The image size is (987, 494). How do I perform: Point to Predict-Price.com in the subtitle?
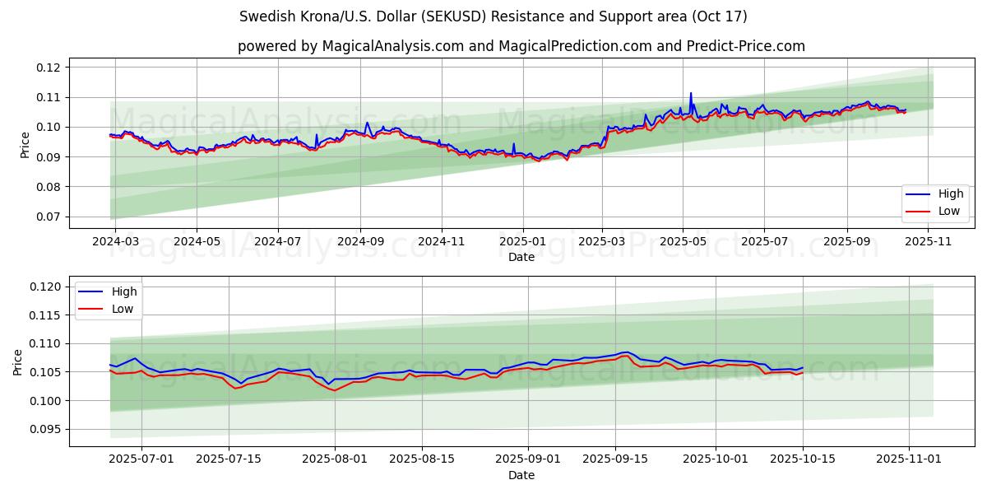coord(745,46)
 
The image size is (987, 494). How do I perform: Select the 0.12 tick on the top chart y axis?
coord(49,68)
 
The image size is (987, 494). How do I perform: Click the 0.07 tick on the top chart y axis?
coord(49,217)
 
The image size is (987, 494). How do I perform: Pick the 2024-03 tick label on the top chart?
coord(115,241)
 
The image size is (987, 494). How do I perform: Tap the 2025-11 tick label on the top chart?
coord(929,241)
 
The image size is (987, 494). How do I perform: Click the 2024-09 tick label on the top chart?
coord(360,241)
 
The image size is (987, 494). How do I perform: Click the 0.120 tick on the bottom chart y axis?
coord(45,287)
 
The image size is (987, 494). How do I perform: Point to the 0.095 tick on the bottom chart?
coord(45,429)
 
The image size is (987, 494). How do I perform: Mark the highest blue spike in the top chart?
coord(691,93)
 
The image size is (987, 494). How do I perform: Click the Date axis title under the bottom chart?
coord(521,475)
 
